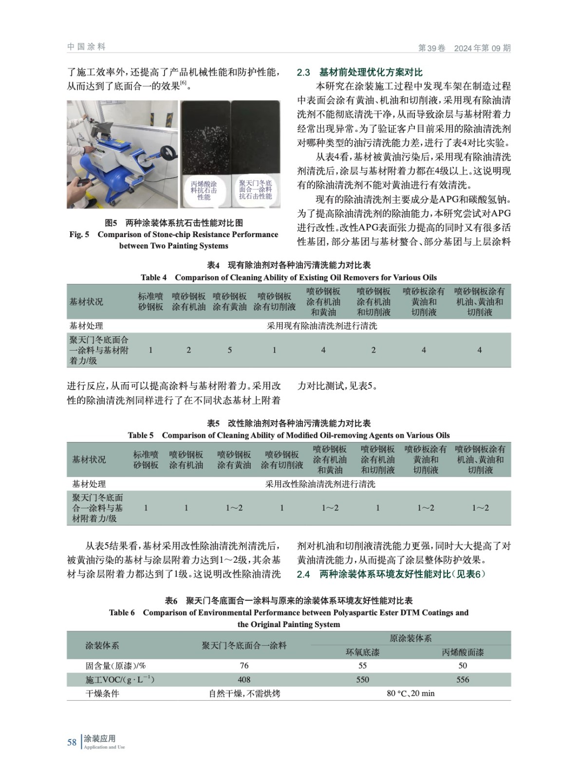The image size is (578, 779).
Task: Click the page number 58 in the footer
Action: tap(72, 742)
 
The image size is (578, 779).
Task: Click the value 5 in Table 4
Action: tap(230, 350)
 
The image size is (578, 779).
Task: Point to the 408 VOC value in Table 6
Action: tap(244, 680)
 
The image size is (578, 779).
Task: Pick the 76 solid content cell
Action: tap(244, 666)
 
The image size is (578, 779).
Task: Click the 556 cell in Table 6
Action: tap(463, 680)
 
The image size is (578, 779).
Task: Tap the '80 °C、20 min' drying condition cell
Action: tap(410, 693)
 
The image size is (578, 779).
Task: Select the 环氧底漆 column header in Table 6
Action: tap(362, 652)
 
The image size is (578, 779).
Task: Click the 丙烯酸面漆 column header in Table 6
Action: tap(463, 652)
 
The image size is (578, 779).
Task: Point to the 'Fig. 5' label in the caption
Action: tap(79, 235)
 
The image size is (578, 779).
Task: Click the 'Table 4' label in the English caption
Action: tap(153, 278)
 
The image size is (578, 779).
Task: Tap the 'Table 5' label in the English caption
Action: tap(141, 435)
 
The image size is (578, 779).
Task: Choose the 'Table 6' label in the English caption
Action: tap(122, 612)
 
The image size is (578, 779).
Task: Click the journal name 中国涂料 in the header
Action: tap(86, 47)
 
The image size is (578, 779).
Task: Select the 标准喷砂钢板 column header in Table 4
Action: tap(150, 301)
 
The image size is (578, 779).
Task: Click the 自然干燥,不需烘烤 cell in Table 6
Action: tap(244, 693)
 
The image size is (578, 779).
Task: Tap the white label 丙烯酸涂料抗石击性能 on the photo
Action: tap(204, 191)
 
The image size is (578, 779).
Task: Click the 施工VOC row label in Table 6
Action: tap(119, 680)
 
